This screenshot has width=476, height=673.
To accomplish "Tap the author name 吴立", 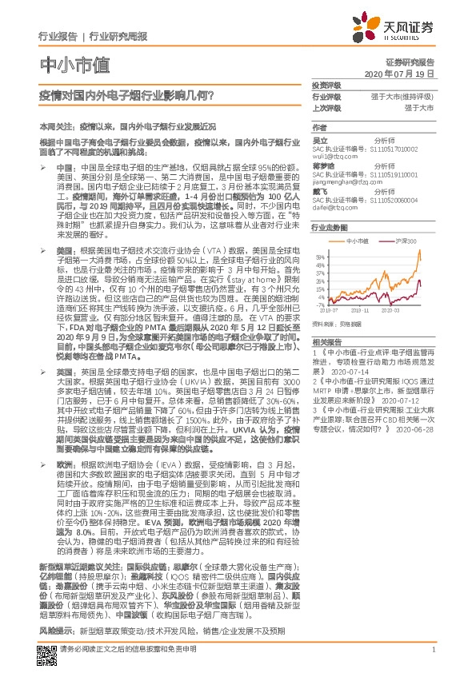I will point(318,140).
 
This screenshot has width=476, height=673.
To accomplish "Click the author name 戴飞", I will point(318,191).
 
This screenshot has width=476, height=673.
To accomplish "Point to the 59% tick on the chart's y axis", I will point(319,256).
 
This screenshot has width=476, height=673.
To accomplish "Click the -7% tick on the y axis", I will point(319,305).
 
